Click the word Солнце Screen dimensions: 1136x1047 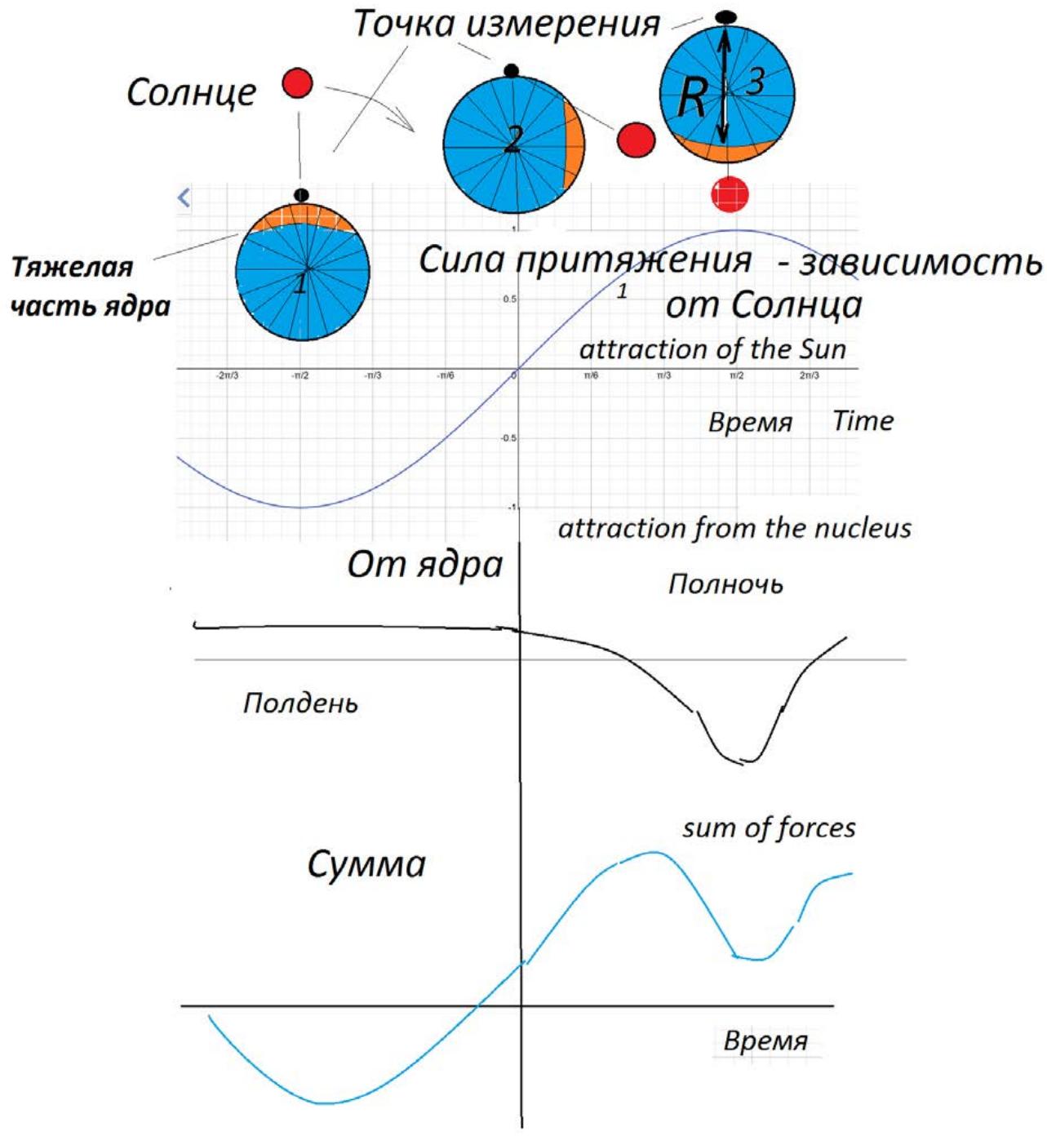tap(191, 93)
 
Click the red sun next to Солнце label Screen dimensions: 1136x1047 tap(297, 83)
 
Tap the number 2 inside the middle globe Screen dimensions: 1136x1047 tap(512, 140)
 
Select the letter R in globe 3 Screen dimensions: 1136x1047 tap(692, 99)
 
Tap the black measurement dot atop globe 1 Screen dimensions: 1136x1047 tap(301, 195)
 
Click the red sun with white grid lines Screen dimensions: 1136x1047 tap(730, 194)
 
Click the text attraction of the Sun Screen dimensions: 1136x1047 tap(712, 349)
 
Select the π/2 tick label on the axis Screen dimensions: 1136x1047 tap(736, 375)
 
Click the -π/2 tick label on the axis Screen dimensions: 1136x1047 tap(300, 375)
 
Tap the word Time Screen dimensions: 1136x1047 tap(863, 421)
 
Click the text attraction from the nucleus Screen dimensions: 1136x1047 tap(734, 529)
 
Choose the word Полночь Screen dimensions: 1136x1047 tap(725, 584)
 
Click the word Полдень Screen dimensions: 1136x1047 tap(300, 703)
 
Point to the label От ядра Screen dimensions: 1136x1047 tap(424, 565)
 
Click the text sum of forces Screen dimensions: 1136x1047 tap(769, 828)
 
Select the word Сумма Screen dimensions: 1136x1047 tap(366, 864)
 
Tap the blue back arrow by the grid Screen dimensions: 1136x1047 tap(184, 197)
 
